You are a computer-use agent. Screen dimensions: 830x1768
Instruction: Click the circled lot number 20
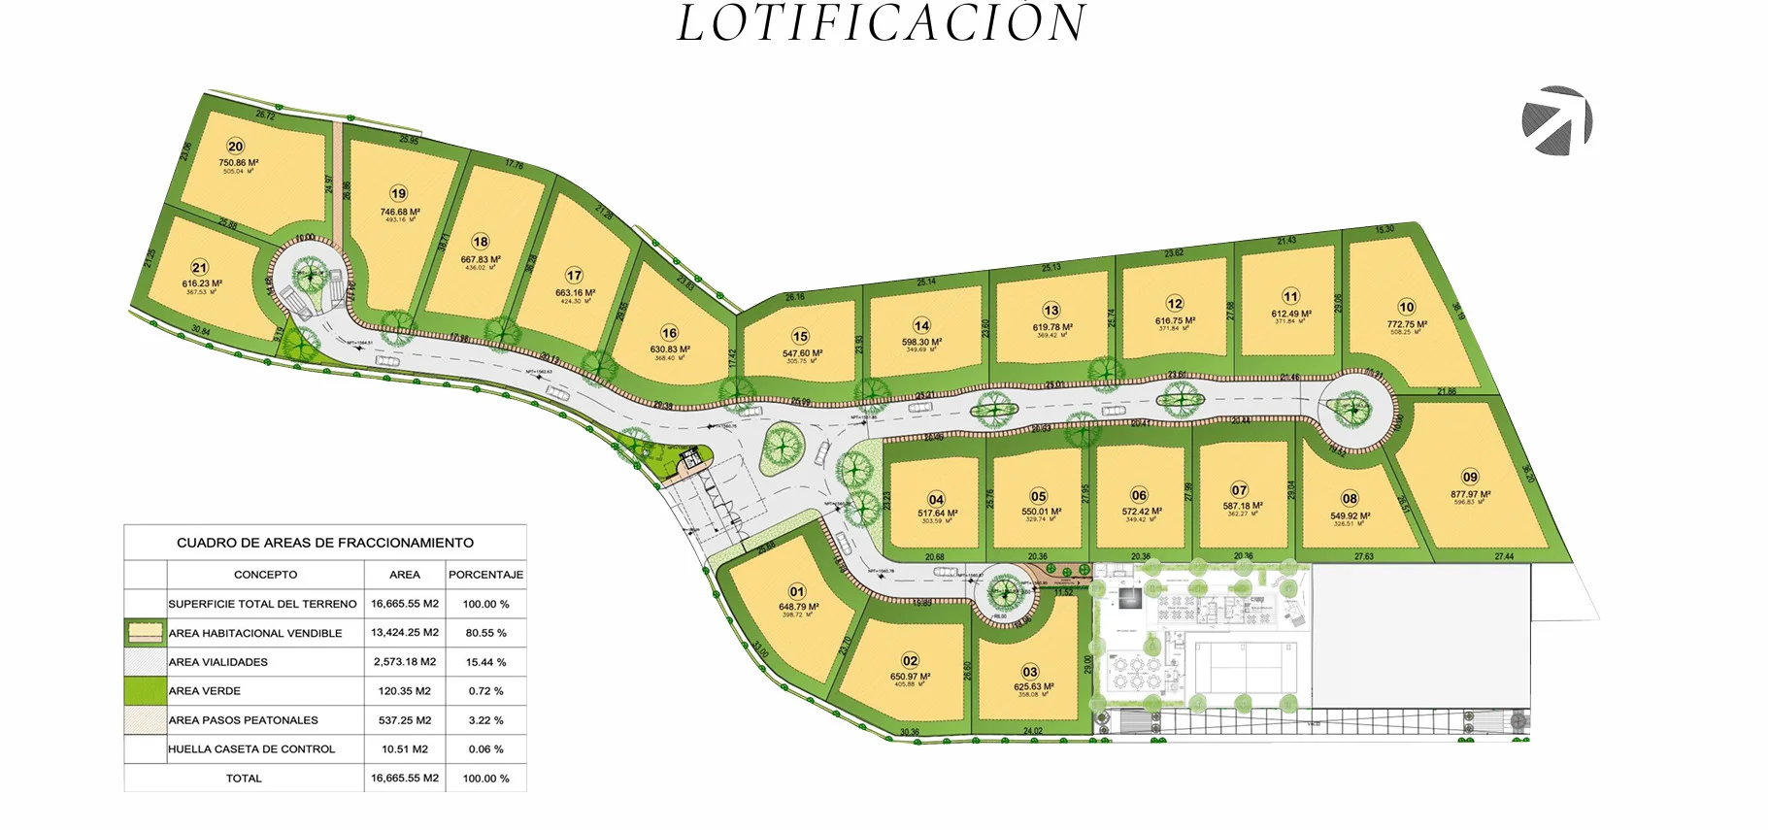click(x=235, y=147)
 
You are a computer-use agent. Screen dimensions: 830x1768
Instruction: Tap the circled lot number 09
click(x=1470, y=477)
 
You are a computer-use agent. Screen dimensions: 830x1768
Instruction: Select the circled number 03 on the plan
click(x=1030, y=672)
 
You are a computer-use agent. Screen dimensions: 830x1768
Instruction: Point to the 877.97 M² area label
click(x=1470, y=494)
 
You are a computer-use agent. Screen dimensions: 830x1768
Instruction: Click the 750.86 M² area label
click(x=238, y=163)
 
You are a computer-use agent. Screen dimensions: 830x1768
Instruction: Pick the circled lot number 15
click(x=800, y=337)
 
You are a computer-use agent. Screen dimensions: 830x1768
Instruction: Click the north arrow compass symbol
click(x=1556, y=120)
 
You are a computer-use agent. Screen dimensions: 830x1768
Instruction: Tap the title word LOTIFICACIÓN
click(x=882, y=23)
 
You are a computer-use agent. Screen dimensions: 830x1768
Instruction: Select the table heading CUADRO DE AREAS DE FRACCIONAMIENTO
click(x=325, y=543)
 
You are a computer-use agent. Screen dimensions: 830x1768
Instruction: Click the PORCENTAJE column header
click(x=485, y=575)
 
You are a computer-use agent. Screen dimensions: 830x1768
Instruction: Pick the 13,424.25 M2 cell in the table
click(x=404, y=633)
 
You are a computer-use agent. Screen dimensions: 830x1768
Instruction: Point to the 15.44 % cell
click(x=485, y=662)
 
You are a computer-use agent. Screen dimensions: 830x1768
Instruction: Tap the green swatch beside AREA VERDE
click(x=145, y=691)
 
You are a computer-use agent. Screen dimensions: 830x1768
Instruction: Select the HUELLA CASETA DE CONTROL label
click(x=251, y=749)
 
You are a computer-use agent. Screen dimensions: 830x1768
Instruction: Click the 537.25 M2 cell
click(x=404, y=720)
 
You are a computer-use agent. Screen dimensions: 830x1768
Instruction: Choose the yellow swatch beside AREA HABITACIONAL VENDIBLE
click(x=145, y=633)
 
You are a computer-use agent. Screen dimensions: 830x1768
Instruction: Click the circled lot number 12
click(x=1175, y=304)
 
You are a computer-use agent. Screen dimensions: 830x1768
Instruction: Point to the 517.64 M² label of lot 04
click(x=937, y=514)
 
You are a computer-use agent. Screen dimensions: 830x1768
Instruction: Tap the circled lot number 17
click(x=574, y=276)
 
